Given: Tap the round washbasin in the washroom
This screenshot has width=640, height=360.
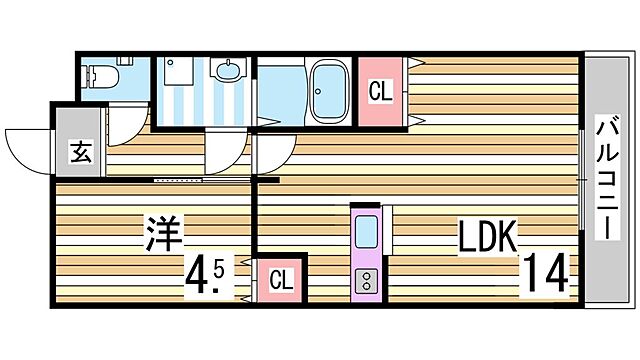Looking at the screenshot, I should [x=229, y=72].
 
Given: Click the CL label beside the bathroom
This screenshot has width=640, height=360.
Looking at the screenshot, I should [x=381, y=92].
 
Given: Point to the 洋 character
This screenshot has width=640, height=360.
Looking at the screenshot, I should [x=162, y=236].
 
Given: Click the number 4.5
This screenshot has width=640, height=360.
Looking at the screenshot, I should [x=209, y=274].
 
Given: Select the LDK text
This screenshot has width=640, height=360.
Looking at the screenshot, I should [x=487, y=236].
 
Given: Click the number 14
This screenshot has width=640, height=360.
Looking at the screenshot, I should [x=544, y=273].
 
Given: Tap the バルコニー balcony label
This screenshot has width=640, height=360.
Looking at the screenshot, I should [x=606, y=178].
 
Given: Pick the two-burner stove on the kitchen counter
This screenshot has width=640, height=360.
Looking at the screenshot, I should [x=365, y=279].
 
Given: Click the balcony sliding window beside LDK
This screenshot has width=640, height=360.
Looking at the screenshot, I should [x=582, y=180].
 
